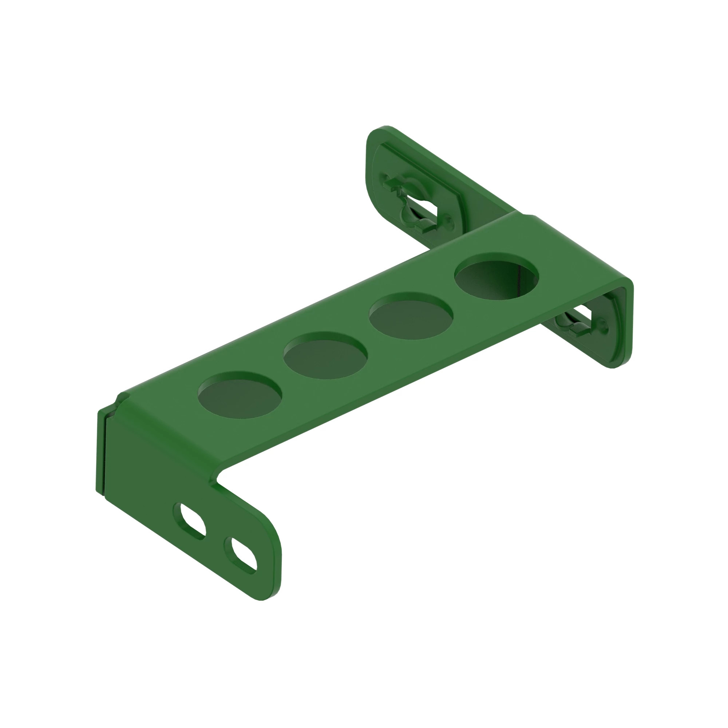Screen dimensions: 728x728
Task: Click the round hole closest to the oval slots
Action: (240, 395)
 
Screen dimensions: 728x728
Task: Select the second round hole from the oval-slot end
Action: (325, 356)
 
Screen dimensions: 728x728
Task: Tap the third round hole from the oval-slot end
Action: (411, 316)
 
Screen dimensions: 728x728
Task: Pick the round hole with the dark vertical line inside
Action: (496, 277)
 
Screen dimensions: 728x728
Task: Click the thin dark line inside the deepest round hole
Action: (518, 279)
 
